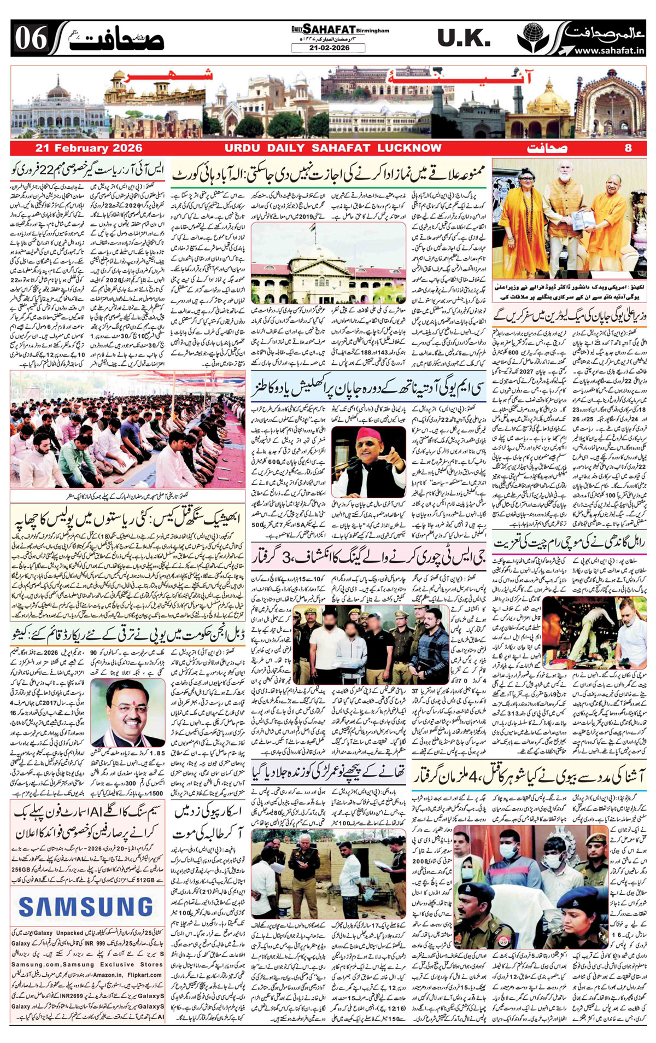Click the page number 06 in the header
pyautogui.click(x=31, y=38)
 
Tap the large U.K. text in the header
pyautogui.click(x=464, y=38)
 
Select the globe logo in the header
pyautogui.click(x=534, y=38)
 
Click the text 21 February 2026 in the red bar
pyautogui.click(x=89, y=148)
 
